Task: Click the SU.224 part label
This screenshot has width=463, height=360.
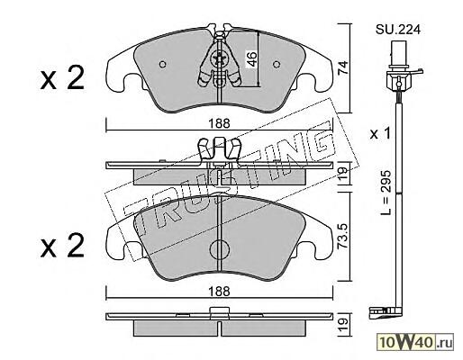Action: [398, 30]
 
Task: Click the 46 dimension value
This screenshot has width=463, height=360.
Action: [251, 58]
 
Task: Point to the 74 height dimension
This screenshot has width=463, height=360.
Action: [342, 67]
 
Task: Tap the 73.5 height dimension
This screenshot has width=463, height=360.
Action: [342, 236]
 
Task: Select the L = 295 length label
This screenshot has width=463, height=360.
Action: [386, 193]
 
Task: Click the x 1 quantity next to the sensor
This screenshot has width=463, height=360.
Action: [380, 134]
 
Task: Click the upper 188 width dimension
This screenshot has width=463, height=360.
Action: [220, 123]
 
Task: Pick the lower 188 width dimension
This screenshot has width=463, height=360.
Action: [220, 291]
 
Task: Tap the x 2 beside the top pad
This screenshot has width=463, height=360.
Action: [62, 78]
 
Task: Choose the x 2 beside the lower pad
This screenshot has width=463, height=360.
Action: [62, 246]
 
